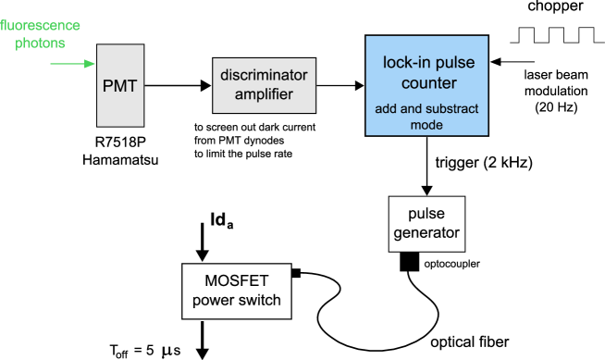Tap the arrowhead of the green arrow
coord(92,64)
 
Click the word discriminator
coord(264,76)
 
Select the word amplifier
coord(264,93)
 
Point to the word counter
coord(426,82)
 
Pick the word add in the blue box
coord(386,109)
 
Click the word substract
coord(452,109)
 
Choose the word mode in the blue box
coord(426,125)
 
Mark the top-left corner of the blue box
coord(366,37)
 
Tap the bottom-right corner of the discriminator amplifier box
coord(315,113)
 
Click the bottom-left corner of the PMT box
coord(98,126)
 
